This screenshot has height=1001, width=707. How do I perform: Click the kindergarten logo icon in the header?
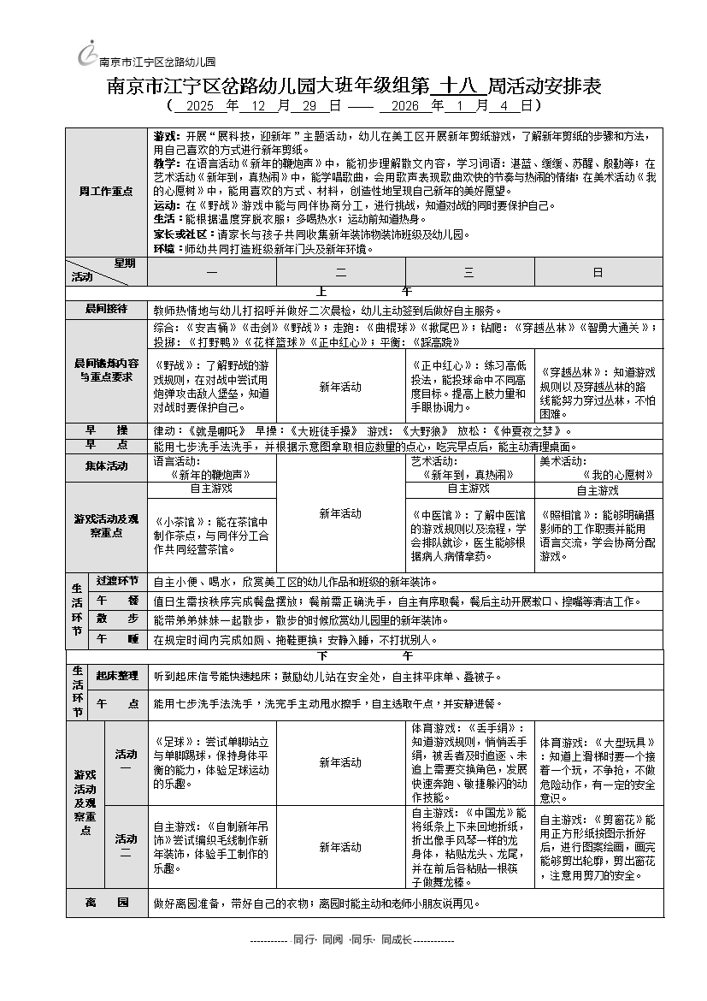tap(87, 54)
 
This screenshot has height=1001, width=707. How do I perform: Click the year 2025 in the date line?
tap(199, 106)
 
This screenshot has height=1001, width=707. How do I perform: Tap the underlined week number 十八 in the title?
tap(458, 86)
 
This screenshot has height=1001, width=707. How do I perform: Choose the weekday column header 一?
tap(211, 272)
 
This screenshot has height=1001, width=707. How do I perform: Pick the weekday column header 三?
tap(469, 272)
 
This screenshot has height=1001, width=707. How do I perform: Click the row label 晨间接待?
tap(106, 309)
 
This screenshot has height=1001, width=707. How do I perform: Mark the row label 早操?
tap(106, 429)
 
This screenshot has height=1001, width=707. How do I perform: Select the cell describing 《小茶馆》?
tap(211, 535)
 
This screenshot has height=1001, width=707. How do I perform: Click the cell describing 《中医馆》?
tap(469, 535)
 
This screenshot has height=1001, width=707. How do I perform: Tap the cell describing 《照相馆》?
tap(598, 536)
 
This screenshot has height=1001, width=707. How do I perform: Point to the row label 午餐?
tap(117, 601)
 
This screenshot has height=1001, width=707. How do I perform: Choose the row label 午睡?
tap(117, 639)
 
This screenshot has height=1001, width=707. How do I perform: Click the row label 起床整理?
tap(117, 676)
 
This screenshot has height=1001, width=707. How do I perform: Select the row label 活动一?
tap(126, 761)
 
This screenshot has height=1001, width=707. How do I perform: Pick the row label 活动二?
tap(126, 846)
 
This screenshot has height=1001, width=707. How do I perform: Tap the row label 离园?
tap(106, 903)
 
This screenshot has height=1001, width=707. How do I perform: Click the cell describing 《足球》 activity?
tap(211, 761)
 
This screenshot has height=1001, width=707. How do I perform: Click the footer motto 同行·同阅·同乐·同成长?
tap(352, 939)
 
